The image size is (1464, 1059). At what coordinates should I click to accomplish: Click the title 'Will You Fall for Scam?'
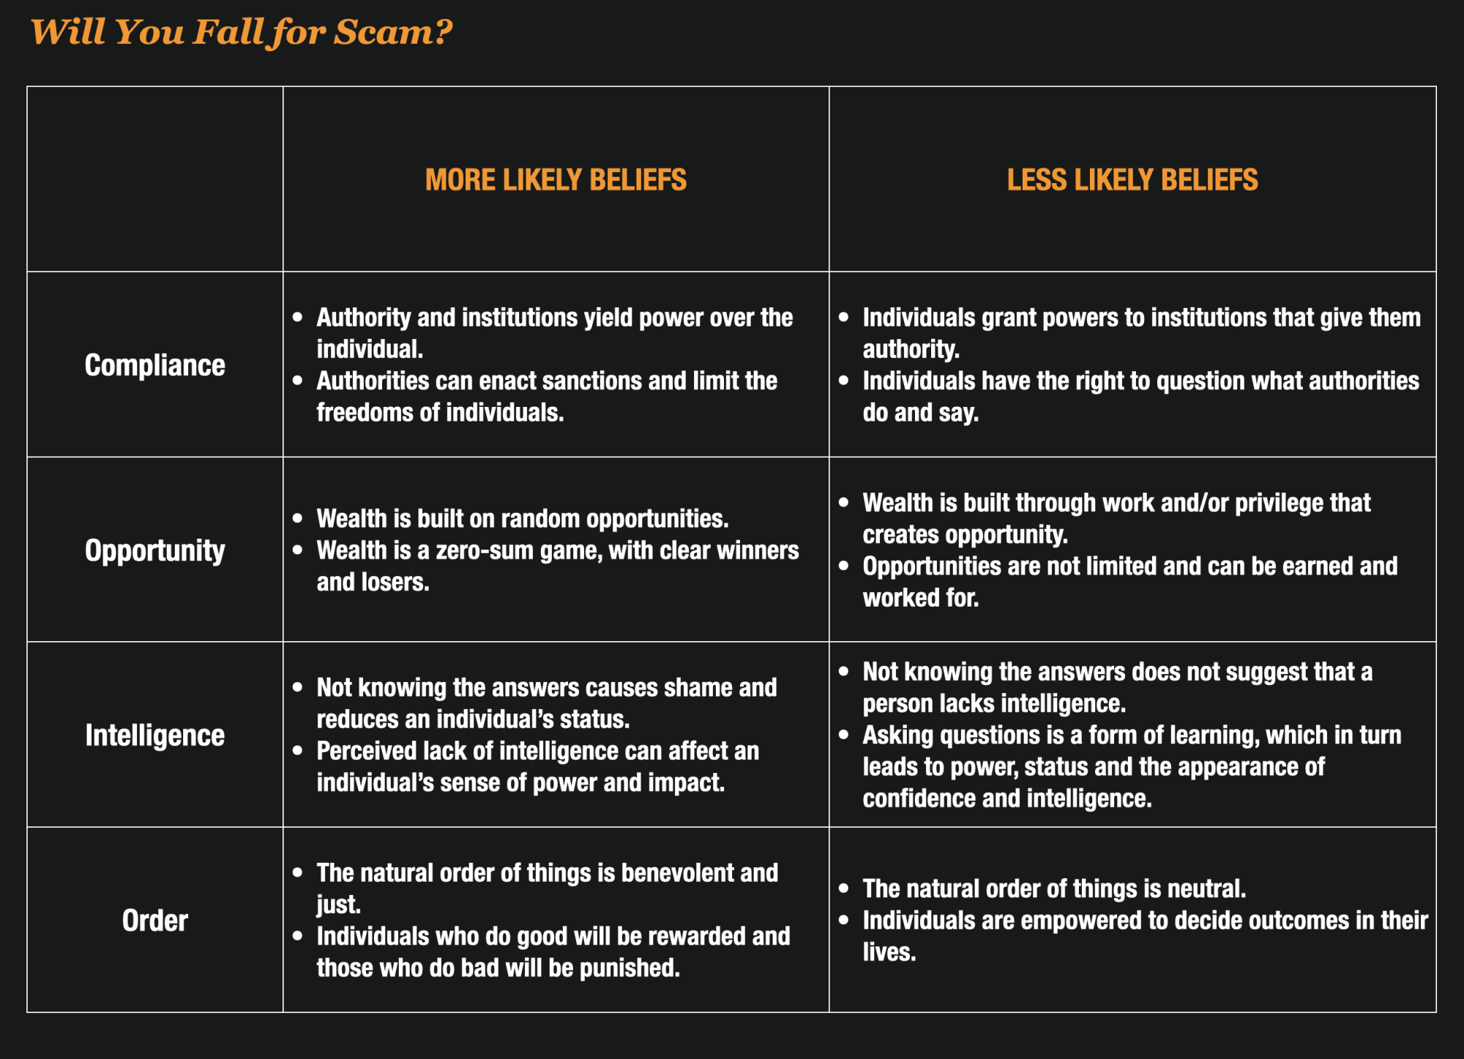pos(242,32)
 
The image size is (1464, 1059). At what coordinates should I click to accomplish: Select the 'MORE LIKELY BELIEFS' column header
pos(556,180)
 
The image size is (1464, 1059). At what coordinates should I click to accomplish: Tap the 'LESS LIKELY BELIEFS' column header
pos(1132,180)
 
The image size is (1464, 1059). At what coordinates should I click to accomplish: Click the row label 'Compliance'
pos(154,365)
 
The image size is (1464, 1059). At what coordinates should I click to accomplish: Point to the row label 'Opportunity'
pos(154,550)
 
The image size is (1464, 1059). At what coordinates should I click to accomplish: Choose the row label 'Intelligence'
pos(154,736)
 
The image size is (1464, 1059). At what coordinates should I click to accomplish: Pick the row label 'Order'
pos(154,921)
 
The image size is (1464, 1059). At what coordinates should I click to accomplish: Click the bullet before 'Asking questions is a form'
pos(844,734)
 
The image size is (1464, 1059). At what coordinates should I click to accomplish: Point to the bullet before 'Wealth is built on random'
pos(297,518)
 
